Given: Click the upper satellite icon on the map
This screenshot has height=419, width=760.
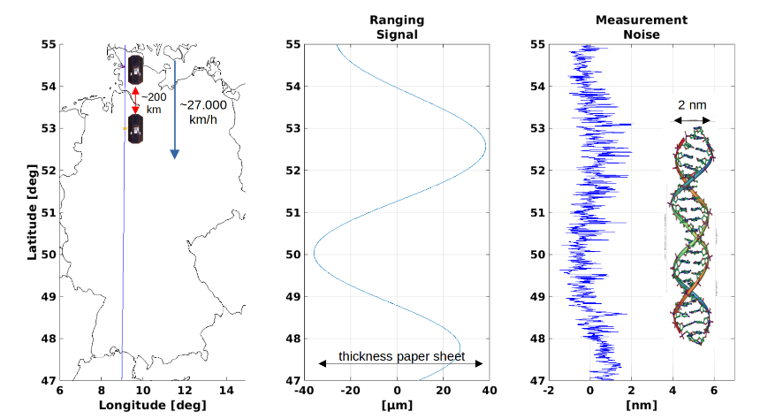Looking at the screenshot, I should tap(135, 68).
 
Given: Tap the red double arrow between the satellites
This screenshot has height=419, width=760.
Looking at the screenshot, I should tap(135, 99).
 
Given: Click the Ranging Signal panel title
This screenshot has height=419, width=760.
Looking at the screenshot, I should tap(397, 27).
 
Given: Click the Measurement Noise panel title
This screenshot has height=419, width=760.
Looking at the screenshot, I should tap(629, 27).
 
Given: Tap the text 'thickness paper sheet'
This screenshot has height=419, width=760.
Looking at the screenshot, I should tap(399, 355).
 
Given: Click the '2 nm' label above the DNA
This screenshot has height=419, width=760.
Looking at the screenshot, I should tap(692, 105).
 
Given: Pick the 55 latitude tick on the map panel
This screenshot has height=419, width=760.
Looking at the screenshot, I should tap(49, 44).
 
